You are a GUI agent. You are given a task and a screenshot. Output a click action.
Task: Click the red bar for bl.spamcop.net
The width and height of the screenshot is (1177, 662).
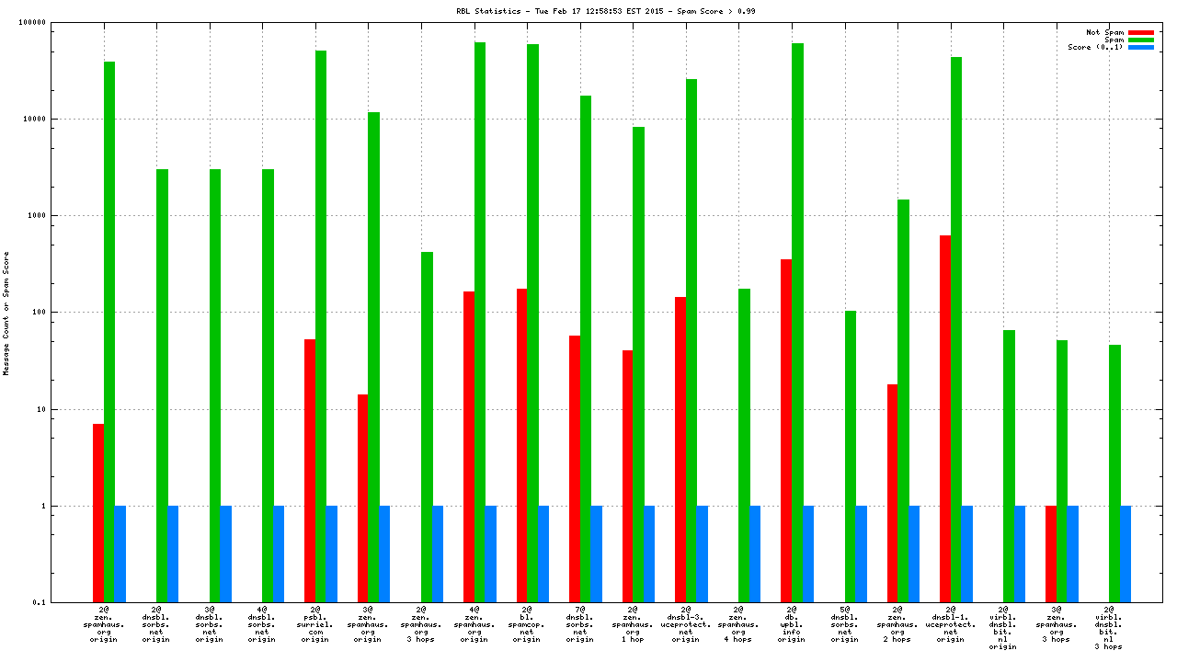click(x=521, y=445)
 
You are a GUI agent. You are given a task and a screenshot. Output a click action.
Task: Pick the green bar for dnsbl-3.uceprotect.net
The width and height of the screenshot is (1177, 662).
click(x=691, y=340)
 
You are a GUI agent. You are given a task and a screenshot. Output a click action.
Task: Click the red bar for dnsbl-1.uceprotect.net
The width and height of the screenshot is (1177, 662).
click(x=945, y=418)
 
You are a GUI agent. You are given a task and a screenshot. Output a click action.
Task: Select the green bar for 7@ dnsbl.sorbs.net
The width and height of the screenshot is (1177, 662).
click(x=586, y=348)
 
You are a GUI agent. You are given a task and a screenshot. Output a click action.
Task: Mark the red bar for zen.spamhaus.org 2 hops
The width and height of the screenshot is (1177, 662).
click(x=892, y=493)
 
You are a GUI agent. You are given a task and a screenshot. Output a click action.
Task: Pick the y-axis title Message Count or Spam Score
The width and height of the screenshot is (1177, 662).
click(x=6, y=313)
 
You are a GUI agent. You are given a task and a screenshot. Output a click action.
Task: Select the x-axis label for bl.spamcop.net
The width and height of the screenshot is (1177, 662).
click(x=527, y=624)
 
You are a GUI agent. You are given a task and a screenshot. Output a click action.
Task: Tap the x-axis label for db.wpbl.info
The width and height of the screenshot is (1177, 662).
click(x=792, y=624)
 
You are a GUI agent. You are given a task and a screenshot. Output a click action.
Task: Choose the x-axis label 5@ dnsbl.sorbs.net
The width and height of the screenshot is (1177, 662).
click(x=844, y=624)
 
